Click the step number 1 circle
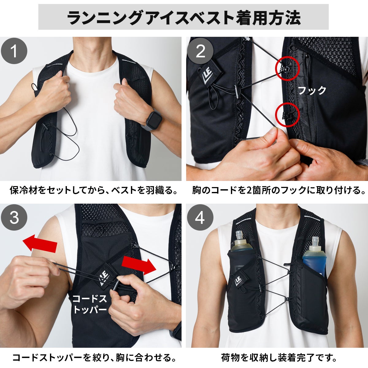pos(14,51)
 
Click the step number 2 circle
pos(200,51)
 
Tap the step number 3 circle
pos(14,217)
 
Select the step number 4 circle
pos(200,217)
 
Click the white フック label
pos(312,90)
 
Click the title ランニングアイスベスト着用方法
pos(184,18)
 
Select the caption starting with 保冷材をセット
pos(94,190)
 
